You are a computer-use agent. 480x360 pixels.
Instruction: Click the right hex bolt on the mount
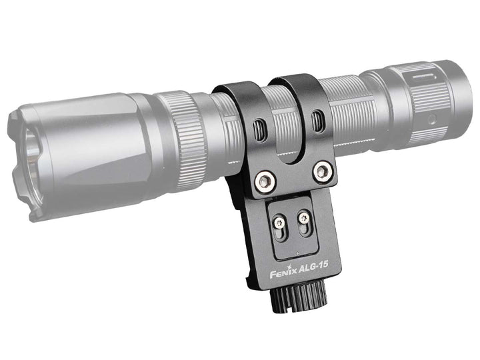click(x=323, y=172)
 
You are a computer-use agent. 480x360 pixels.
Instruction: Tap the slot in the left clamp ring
click(x=261, y=128)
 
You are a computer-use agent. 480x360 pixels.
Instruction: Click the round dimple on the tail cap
click(x=432, y=119)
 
